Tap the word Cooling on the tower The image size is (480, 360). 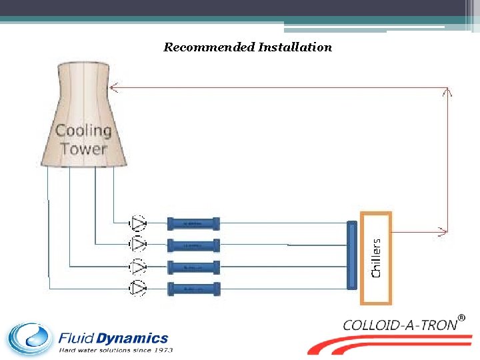pyautogui.click(x=83, y=131)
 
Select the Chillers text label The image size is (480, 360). pyautogui.click(x=377, y=258)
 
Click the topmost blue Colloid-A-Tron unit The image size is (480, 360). pyautogui.click(x=193, y=223)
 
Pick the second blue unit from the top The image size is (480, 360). pyautogui.click(x=193, y=245)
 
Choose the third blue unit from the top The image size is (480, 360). pyautogui.click(x=193, y=267)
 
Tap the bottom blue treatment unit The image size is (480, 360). pyautogui.click(x=193, y=289)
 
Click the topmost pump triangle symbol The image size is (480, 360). pyautogui.click(x=139, y=223)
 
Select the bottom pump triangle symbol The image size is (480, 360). pyautogui.click(x=139, y=288)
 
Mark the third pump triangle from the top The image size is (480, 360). pyautogui.click(x=139, y=267)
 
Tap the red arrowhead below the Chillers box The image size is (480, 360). pyautogui.click(x=442, y=232)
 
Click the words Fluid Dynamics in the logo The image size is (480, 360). pyautogui.click(x=113, y=339)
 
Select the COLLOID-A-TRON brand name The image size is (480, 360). pyautogui.click(x=400, y=325)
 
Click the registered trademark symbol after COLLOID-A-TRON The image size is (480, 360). pyautogui.click(x=461, y=318)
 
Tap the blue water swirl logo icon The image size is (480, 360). pyautogui.click(x=30, y=339)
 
